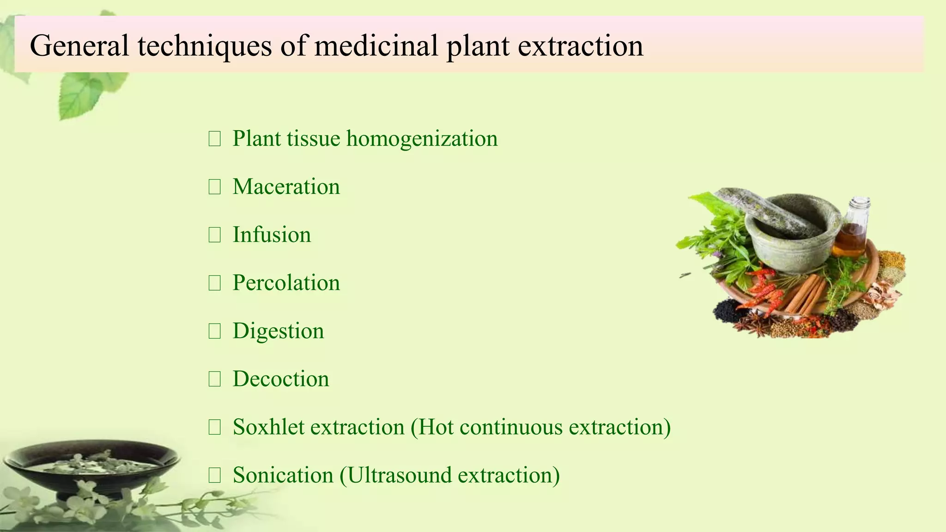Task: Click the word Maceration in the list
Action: click(x=286, y=187)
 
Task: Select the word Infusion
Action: click(x=272, y=235)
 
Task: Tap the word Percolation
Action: click(x=286, y=283)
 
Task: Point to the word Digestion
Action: click(x=278, y=331)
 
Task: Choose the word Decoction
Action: click(x=281, y=379)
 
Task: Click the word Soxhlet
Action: click(x=268, y=427)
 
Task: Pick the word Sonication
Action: click(x=283, y=475)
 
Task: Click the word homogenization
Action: click(x=422, y=139)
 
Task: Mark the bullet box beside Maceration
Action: click(x=214, y=187)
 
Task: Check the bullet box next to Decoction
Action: click(x=214, y=379)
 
